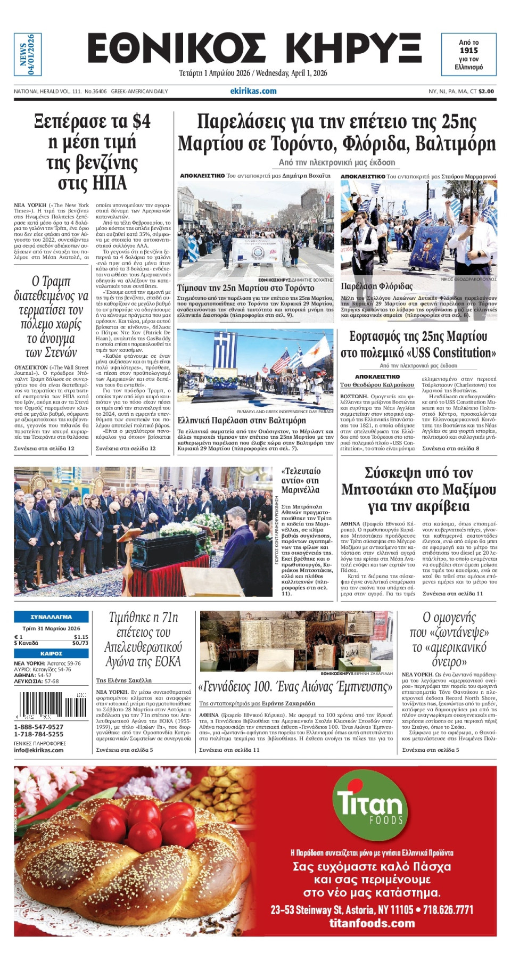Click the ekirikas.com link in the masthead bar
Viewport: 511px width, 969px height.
click(253, 91)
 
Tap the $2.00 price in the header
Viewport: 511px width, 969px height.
click(486, 92)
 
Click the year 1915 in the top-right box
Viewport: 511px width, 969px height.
click(468, 51)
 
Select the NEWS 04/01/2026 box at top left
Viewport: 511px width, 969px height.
click(27, 54)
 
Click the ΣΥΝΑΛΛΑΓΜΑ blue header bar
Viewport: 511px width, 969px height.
click(51, 617)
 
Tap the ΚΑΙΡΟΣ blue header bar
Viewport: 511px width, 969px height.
click(51, 653)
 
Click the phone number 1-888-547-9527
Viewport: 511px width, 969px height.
click(39, 727)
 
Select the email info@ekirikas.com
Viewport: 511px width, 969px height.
click(39, 750)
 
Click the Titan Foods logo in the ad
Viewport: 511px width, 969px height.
click(370, 803)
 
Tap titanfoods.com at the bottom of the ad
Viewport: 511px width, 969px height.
click(372, 923)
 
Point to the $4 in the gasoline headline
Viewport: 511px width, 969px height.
click(141, 121)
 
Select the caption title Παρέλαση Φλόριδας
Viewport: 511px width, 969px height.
click(377, 286)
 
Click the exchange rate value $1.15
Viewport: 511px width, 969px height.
click(81, 637)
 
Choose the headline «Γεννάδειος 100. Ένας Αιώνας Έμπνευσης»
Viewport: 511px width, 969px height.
click(295, 687)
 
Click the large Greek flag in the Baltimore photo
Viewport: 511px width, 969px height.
click(225, 350)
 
